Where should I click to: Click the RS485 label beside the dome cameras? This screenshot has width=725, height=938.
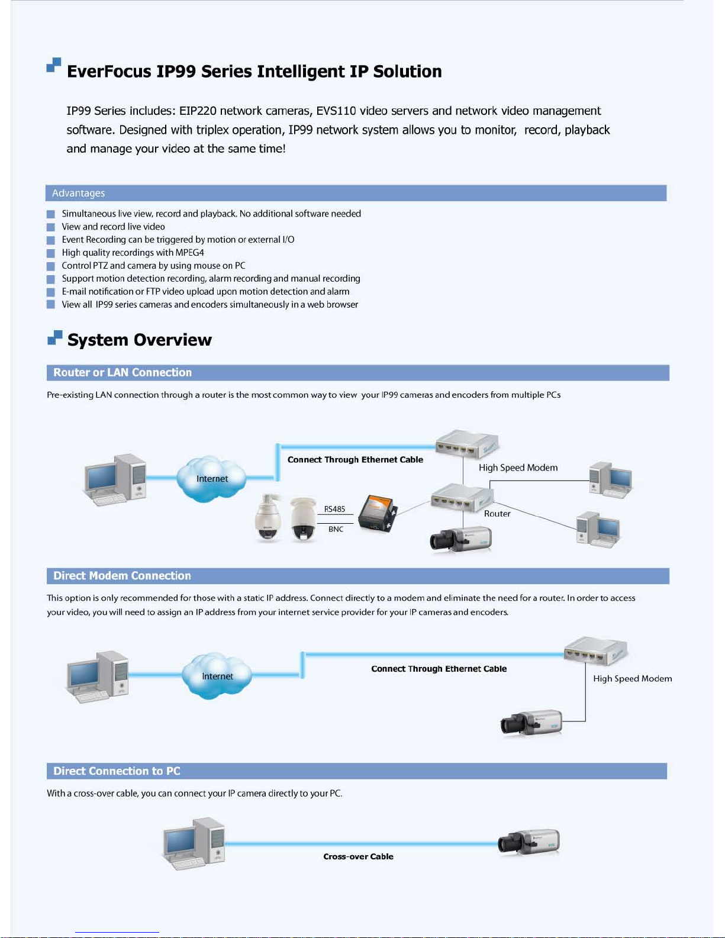[x=334, y=509]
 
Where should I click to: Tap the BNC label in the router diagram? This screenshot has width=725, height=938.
[x=336, y=529]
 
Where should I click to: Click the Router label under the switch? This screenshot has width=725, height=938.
[x=497, y=514]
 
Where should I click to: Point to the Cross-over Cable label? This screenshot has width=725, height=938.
[x=358, y=856]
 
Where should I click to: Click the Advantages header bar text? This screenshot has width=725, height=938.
[x=78, y=193]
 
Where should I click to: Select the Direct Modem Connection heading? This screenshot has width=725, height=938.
[x=122, y=576]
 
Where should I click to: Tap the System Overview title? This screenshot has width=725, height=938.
[x=139, y=340]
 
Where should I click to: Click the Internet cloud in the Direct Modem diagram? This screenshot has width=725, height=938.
[x=217, y=676]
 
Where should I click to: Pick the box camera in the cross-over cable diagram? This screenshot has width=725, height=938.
[x=529, y=842]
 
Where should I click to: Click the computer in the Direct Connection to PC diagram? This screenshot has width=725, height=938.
[x=194, y=844]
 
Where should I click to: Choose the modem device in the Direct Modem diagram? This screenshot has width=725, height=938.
[x=595, y=651]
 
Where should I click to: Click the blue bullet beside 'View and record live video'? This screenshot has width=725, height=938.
[x=51, y=227]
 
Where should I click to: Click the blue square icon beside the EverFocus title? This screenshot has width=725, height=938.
[x=54, y=65]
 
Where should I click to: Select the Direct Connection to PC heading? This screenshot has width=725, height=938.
[x=117, y=771]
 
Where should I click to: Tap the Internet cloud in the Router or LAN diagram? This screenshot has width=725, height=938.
[x=211, y=478]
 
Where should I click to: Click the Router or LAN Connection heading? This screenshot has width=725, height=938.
[x=123, y=372]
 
